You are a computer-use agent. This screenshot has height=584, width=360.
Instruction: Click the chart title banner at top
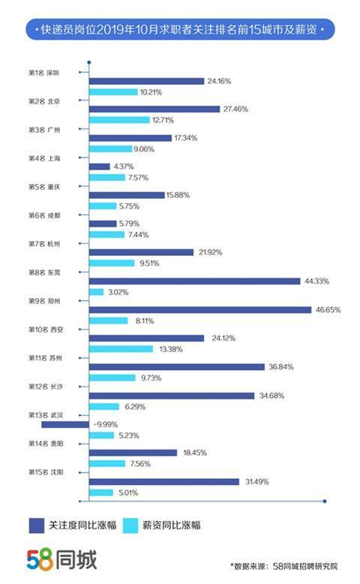[x=180, y=31]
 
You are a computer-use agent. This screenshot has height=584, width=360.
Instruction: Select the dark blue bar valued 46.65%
[x=199, y=309]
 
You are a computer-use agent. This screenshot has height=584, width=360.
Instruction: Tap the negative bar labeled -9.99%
[x=64, y=424]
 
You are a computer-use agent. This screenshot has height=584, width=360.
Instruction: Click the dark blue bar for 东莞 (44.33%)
[x=194, y=281]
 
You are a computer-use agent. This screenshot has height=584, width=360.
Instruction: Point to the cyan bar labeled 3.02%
[x=96, y=292]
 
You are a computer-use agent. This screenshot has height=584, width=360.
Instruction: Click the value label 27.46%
[x=235, y=109]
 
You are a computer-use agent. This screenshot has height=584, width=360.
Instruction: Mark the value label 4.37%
[x=123, y=166]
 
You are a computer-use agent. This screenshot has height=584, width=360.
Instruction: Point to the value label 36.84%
[x=280, y=367]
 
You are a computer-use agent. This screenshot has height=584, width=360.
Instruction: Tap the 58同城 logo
[x=61, y=559]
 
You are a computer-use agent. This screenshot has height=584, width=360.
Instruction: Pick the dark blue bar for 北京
[x=155, y=109]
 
